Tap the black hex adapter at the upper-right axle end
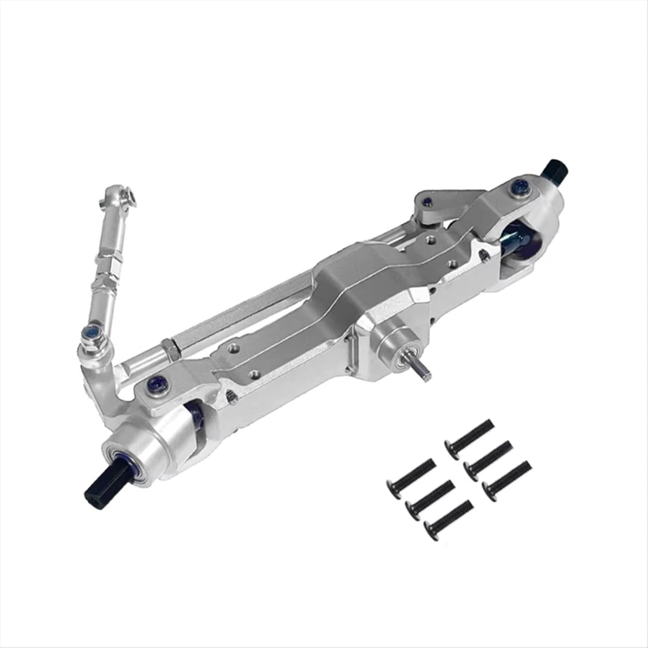[x=554, y=168]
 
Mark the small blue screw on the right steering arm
[x=427, y=200]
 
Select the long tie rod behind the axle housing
[x=242, y=302]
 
